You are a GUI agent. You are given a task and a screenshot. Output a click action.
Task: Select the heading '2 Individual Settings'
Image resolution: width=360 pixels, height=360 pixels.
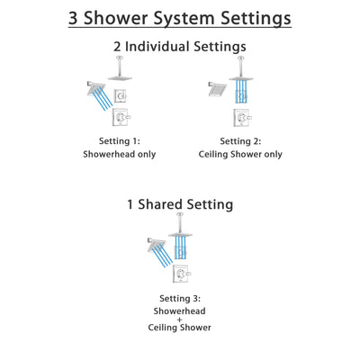pos(179,46)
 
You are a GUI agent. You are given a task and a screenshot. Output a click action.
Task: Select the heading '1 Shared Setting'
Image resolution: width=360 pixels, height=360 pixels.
pos(179,205)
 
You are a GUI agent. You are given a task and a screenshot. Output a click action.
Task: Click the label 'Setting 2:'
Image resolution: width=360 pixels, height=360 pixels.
pos(240,141)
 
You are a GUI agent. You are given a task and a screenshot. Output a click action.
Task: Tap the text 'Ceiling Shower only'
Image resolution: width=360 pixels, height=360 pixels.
pos(240,154)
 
